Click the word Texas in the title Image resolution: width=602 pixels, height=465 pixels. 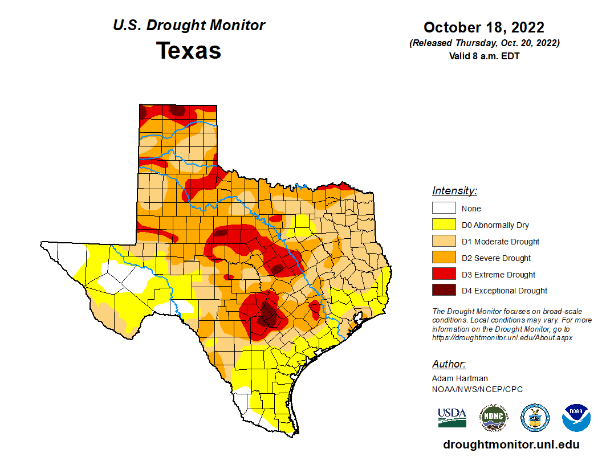tap(189, 51)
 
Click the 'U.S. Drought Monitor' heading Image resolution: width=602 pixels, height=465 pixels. tap(189, 25)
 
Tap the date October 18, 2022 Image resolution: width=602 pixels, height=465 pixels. tap(484, 27)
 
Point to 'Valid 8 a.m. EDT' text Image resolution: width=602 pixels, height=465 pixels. tap(484, 56)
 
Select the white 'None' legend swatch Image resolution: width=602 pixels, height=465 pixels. tap(444, 208)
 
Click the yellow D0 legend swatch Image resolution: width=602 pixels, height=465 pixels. tap(444, 225)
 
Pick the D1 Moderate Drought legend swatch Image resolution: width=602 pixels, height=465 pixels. tap(444, 241)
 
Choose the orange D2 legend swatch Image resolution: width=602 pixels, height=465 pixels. tap(444, 258)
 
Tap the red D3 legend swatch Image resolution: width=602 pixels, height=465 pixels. tap(444, 274)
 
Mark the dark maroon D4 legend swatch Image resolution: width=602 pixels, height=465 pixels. tap(444, 290)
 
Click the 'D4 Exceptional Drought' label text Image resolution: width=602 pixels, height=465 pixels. tap(505, 291)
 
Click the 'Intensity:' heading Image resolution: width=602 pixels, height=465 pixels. tap(454, 191)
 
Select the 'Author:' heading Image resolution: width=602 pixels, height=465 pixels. tap(449, 364)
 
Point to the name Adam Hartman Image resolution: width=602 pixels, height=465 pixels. tap(460, 378)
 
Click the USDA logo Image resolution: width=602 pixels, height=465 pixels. tap(452, 418)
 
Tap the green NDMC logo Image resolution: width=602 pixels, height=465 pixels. tap(494, 418)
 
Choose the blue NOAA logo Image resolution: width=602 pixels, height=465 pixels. tap(576, 418)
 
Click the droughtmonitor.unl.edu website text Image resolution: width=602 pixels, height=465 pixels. tap(511, 444)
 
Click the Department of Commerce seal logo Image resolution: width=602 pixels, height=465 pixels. tap(535, 418)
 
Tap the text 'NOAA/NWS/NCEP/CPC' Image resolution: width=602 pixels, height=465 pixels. tap(477, 389)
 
